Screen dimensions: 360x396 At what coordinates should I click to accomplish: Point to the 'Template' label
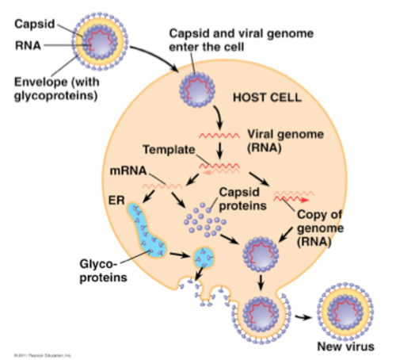pyautogui.click(x=169, y=149)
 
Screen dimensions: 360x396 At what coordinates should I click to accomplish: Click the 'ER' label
pyautogui.click(x=117, y=193)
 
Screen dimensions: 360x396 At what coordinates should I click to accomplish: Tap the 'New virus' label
pyautogui.click(x=344, y=347)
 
